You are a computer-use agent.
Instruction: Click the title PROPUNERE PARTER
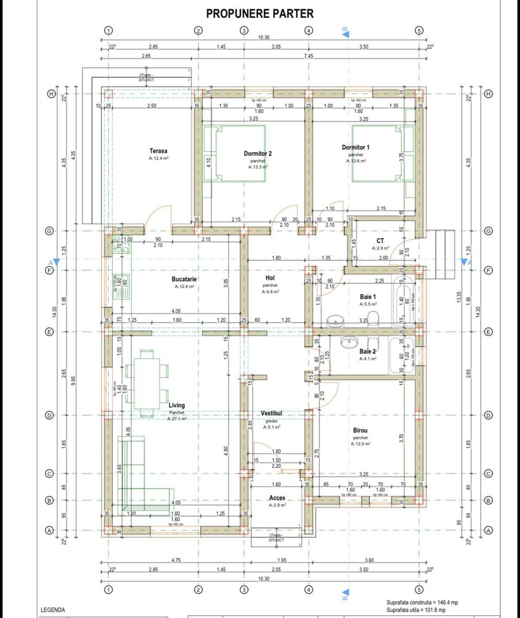tap(259, 13)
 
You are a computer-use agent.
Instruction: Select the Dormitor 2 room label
tap(258, 153)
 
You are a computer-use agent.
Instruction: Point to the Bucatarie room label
tap(184, 279)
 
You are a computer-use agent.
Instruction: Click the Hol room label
tap(270, 278)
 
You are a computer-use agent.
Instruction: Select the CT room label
tap(380, 241)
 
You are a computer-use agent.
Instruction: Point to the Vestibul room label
tap(270, 413)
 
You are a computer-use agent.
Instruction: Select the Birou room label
tap(360, 430)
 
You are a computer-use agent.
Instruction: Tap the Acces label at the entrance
tap(277, 498)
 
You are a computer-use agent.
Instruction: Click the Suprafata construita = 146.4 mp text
tap(422, 603)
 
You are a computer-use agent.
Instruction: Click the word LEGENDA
tap(53, 610)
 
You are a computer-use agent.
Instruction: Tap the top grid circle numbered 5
tap(419, 30)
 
